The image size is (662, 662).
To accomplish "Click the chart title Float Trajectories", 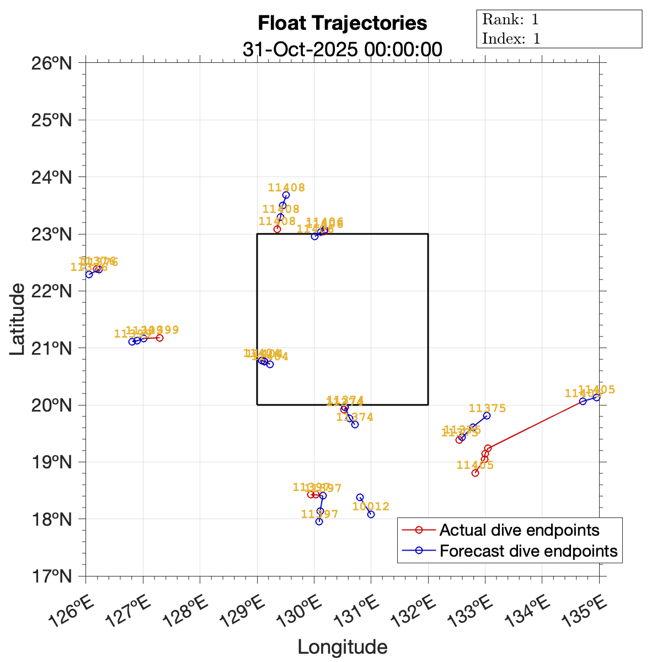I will [342, 23].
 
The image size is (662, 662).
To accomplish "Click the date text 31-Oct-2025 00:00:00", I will [342, 49].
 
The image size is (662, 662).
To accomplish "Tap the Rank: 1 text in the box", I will [510, 20].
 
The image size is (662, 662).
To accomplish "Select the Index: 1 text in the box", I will [511, 39].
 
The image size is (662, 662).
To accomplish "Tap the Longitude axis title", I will [342, 647].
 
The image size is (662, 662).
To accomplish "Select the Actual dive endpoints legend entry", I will [519, 531].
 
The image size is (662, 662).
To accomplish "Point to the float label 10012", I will [371, 506].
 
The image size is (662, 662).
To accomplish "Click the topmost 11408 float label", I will [286, 188].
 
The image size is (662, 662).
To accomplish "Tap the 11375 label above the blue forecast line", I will [487, 408].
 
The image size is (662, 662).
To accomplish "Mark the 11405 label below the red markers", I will [475, 465].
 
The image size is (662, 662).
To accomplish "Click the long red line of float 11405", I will [535, 424].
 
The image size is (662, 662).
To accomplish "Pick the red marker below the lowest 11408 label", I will [277, 229].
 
